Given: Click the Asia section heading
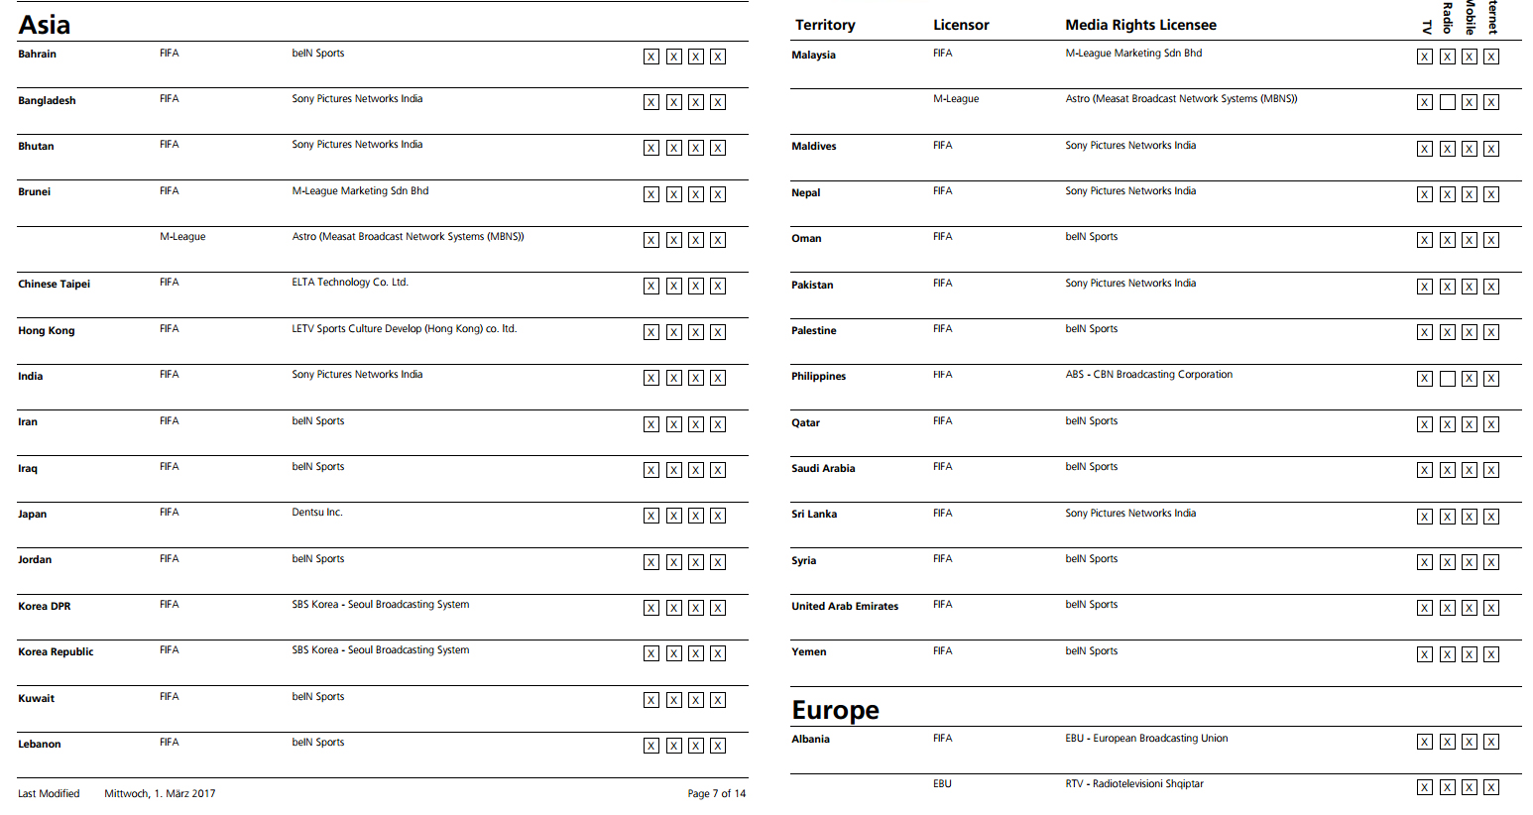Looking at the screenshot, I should point(45,25).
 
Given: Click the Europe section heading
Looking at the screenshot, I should point(835,710).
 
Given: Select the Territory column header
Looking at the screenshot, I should point(824,25).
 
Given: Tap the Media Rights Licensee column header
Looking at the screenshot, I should point(1140,25).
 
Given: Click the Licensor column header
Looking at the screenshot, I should point(960,25).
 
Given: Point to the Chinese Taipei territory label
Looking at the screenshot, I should point(54,284).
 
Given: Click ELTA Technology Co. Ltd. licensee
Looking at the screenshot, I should point(349,283).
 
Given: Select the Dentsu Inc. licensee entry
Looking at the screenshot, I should point(316,513).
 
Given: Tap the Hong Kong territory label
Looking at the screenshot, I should point(46,330).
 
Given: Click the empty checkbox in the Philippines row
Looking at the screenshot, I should point(1447,379).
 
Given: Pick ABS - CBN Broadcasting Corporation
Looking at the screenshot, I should point(1148,375).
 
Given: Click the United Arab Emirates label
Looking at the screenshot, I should point(844,606).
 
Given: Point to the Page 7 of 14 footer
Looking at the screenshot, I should point(716,793).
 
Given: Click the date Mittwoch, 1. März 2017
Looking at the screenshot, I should point(160,793).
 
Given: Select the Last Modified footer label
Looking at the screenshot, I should point(49,793).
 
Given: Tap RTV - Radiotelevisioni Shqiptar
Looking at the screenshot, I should point(1133,784).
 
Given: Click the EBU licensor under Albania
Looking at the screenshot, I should point(941,784).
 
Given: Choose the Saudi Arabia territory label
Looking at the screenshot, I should point(822,468).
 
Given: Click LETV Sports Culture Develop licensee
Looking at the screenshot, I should point(404,329).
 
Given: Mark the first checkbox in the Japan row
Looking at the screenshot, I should point(650,516).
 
